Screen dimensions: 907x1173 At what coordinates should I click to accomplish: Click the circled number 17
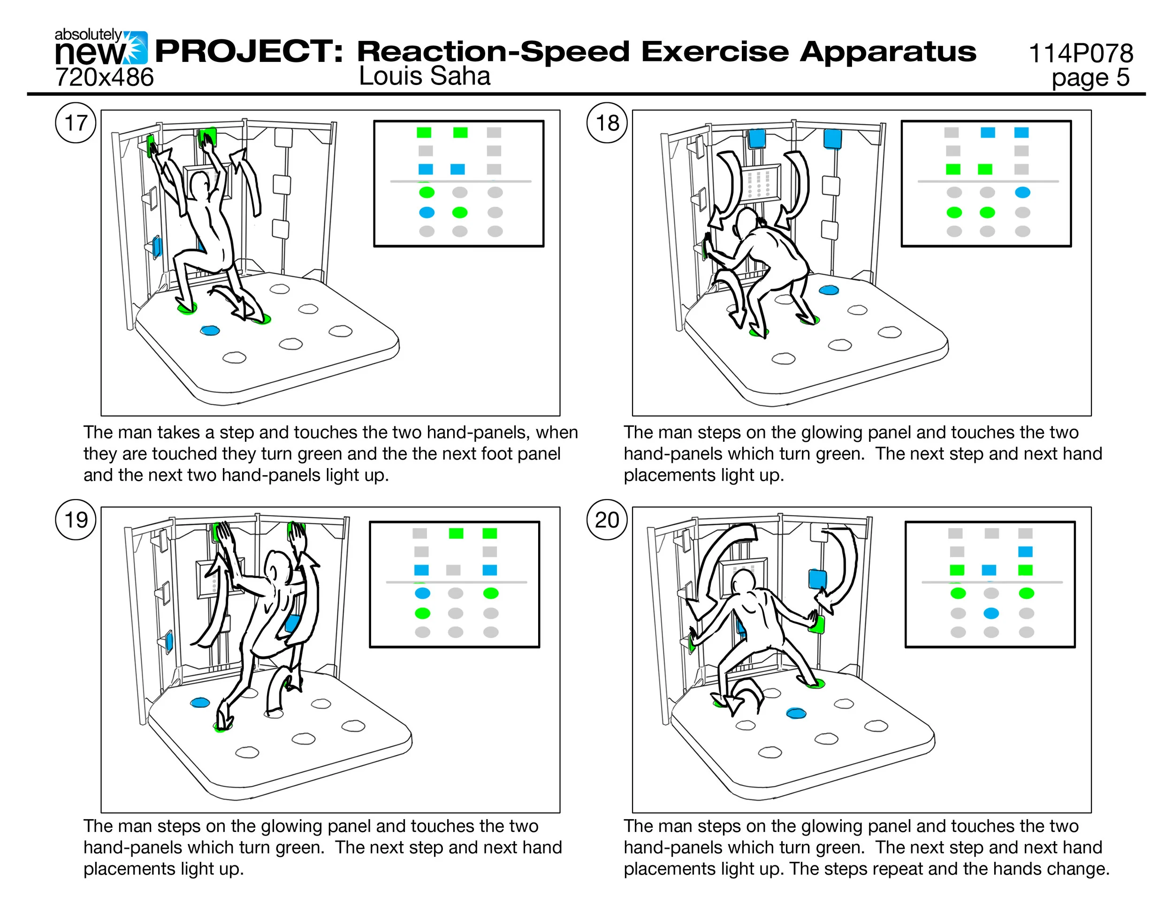(76, 123)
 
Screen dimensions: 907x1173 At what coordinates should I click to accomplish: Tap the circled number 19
(76, 520)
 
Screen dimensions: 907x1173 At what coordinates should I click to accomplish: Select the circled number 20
(607, 520)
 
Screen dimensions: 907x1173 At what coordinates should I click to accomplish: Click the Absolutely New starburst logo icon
(137, 47)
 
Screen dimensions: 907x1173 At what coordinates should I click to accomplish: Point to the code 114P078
(1080, 53)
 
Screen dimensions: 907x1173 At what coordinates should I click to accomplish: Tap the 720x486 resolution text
(104, 77)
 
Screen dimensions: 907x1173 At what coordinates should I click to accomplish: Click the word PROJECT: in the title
(249, 52)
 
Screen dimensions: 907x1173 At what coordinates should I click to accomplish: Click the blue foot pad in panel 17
(209, 331)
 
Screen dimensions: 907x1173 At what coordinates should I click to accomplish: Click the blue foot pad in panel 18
(829, 290)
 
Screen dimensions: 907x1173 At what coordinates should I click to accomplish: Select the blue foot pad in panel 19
(199, 702)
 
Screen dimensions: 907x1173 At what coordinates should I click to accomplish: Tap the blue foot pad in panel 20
(796, 713)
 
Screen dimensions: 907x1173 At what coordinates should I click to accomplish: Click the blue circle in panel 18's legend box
(1022, 192)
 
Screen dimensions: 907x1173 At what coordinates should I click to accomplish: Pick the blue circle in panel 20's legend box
(991, 613)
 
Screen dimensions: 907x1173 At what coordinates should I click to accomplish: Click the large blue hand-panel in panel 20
(817, 579)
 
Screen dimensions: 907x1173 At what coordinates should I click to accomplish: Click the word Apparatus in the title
(887, 52)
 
